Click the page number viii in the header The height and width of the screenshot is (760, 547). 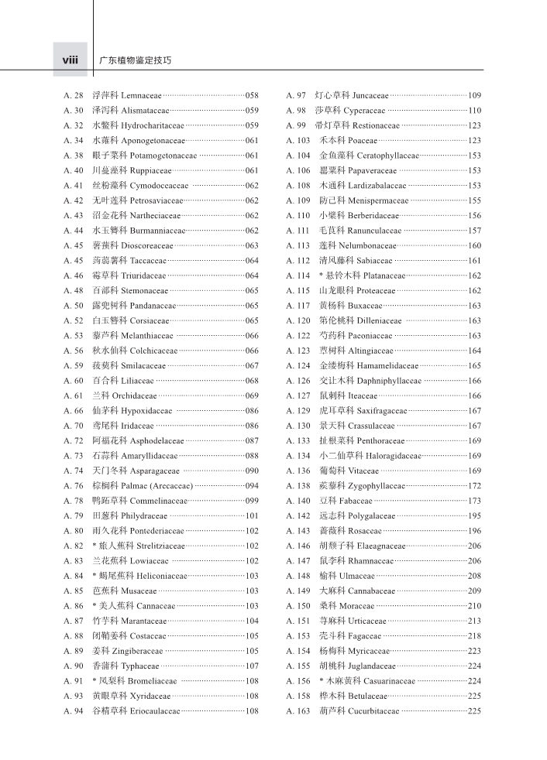[x=71, y=60]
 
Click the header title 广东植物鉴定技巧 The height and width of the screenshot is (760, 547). [x=136, y=60]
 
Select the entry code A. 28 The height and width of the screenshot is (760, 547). [x=74, y=95]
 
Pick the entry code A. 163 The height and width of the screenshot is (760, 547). [x=298, y=710]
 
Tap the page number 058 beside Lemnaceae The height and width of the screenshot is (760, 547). [x=252, y=95]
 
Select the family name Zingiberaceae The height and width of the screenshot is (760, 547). [x=135, y=650]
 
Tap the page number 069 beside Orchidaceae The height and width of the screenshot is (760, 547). [x=252, y=395]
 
